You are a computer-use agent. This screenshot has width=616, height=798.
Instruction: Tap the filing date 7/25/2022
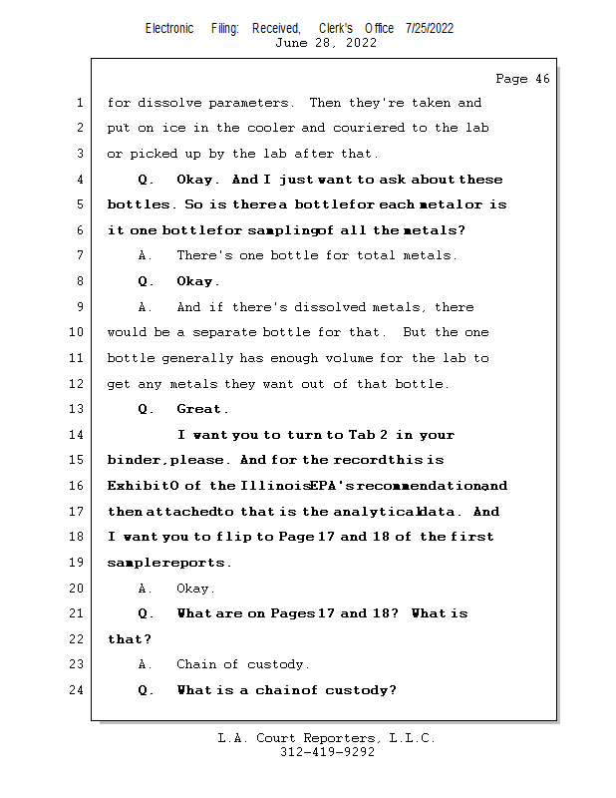click(430, 28)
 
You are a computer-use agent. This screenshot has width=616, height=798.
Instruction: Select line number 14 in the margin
click(80, 435)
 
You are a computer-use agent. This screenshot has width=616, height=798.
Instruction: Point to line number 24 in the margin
click(80, 690)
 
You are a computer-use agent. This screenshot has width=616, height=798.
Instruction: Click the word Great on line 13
click(201, 409)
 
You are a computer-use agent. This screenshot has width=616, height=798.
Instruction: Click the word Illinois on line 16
click(273, 486)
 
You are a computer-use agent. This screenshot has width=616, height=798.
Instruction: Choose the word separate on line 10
click(219, 333)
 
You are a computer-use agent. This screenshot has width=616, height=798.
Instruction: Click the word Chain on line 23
click(197, 664)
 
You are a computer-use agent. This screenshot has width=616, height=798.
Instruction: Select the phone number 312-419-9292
click(327, 753)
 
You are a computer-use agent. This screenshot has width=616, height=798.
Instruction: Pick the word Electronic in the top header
click(168, 28)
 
